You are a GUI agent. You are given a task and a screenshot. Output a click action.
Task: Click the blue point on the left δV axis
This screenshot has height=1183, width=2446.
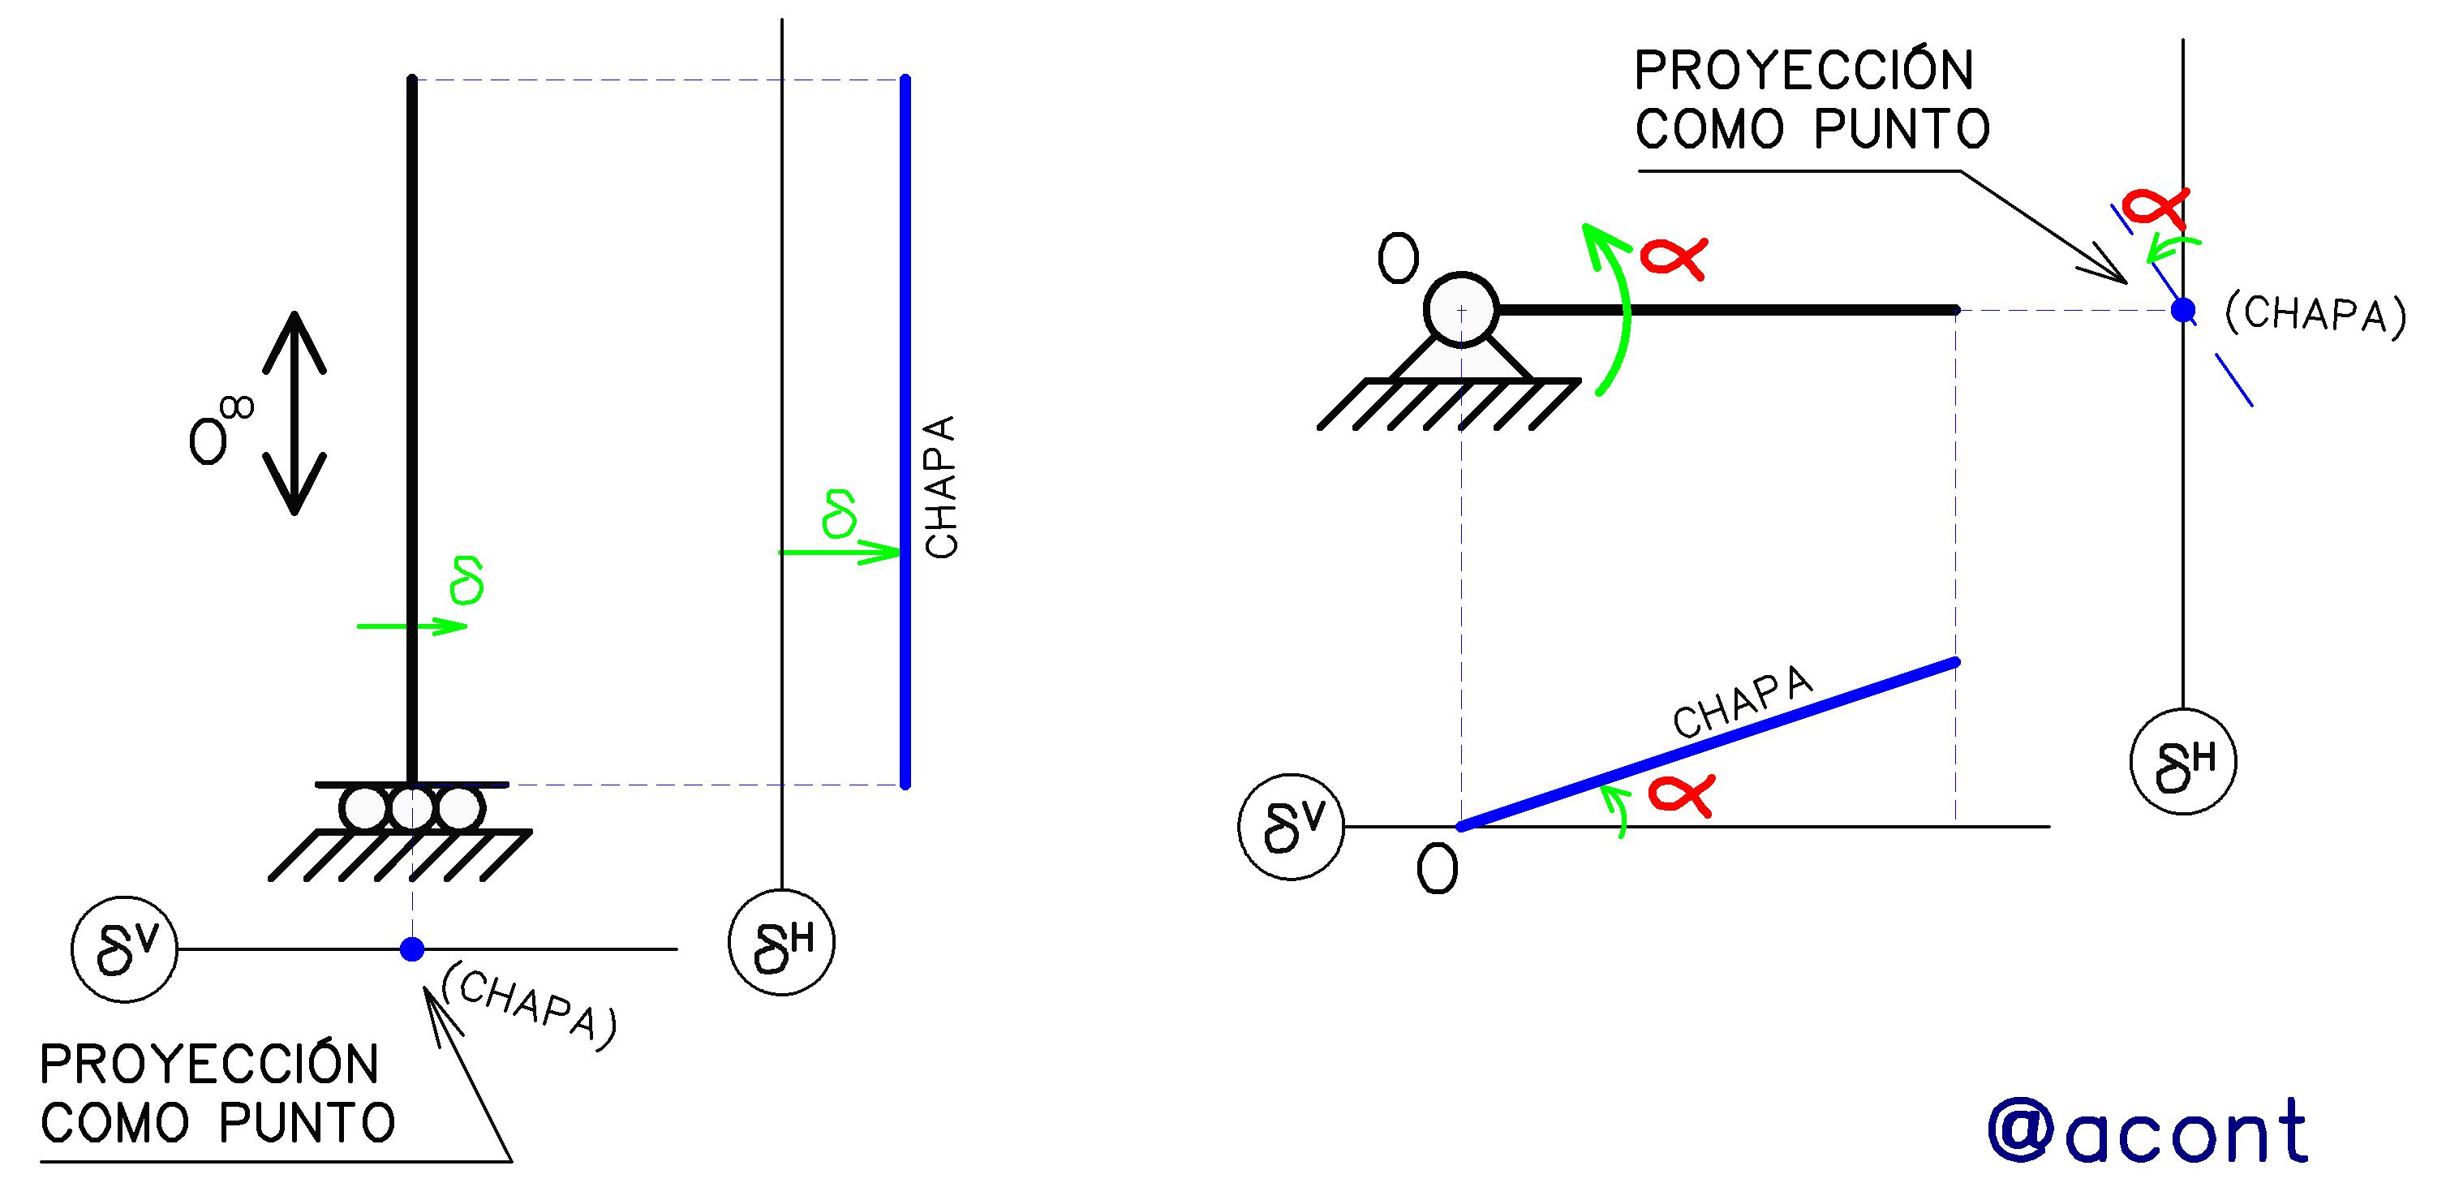[412, 949]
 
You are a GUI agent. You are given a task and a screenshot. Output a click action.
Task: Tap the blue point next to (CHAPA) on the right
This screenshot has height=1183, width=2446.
[2184, 309]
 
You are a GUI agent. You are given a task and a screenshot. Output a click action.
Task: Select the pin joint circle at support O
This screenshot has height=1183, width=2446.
[1461, 309]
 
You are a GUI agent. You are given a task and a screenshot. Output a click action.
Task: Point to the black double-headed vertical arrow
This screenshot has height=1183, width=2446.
[294, 413]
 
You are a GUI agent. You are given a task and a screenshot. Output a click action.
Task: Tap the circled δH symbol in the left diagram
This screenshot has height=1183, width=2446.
[781, 943]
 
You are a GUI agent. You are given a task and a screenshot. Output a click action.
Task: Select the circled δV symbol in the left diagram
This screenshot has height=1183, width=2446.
[124, 949]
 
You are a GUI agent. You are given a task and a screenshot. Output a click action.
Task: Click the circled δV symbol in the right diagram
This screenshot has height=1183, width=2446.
[1292, 826]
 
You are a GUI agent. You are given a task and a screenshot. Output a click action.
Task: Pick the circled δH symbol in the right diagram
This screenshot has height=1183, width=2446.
[2184, 761]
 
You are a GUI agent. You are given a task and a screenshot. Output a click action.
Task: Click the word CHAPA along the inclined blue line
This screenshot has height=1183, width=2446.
[1743, 702]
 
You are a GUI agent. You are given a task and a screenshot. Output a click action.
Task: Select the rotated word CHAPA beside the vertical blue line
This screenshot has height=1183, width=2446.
[941, 487]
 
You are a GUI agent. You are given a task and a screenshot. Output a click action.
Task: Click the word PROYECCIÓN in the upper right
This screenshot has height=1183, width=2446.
[1804, 71]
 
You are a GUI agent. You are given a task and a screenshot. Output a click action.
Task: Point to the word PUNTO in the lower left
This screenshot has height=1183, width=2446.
[307, 1123]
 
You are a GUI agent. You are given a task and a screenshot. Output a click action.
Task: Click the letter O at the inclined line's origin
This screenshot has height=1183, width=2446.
[1437, 869]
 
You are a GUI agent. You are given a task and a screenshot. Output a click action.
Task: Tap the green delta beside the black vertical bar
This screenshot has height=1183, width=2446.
[468, 580]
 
